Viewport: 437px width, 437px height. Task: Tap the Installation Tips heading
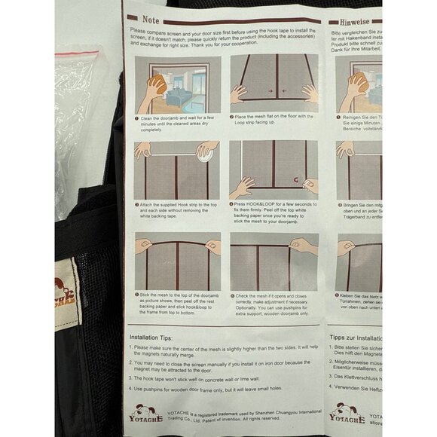(x=154, y=337)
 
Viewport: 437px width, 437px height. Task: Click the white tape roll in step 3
(x=206, y=151)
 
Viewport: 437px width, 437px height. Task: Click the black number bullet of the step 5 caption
(x=136, y=295)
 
